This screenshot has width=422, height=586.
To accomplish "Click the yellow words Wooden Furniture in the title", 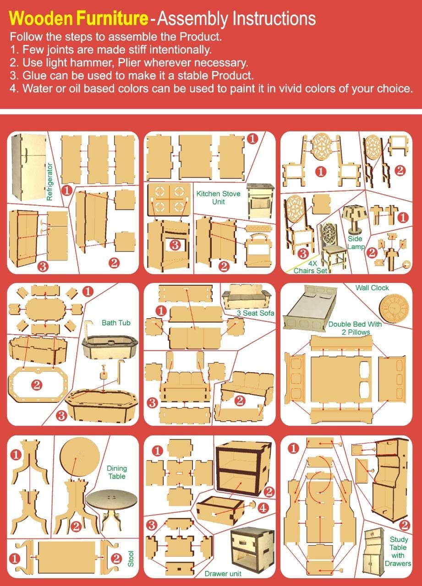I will [x=79, y=19].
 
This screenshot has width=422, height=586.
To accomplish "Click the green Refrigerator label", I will [x=50, y=177].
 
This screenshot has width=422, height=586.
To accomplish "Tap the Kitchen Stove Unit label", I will [x=218, y=197].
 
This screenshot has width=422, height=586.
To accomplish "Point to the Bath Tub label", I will [x=116, y=323].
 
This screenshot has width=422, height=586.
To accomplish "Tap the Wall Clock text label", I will [x=372, y=288].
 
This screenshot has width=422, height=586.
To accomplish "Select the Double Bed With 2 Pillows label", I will [x=355, y=328].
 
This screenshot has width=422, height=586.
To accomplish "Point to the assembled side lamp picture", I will [x=355, y=218].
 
